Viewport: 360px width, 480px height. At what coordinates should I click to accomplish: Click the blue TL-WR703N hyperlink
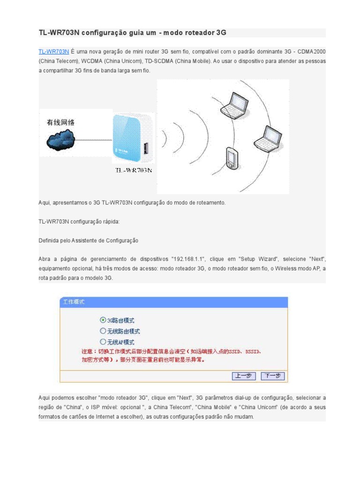click(x=53, y=52)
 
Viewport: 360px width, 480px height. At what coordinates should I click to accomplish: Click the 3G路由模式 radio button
click(x=103, y=320)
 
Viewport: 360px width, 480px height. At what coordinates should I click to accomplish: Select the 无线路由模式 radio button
click(x=103, y=331)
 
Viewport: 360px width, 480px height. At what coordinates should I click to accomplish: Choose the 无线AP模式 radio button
click(x=103, y=342)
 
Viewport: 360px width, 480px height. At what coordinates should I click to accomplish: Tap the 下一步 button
click(x=273, y=375)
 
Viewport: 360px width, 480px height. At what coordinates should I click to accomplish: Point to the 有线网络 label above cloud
click(x=60, y=123)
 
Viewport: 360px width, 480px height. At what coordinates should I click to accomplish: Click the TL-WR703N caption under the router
click(x=134, y=170)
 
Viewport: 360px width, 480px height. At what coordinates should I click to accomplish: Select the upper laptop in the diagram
click(x=233, y=105)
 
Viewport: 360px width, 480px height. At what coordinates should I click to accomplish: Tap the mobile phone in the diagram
click(x=232, y=158)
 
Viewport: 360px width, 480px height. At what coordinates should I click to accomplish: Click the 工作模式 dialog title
click(x=74, y=302)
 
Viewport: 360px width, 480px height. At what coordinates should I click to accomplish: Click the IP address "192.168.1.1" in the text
click(x=191, y=259)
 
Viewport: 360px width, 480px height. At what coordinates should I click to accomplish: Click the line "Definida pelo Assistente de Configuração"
click(x=88, y=240)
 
